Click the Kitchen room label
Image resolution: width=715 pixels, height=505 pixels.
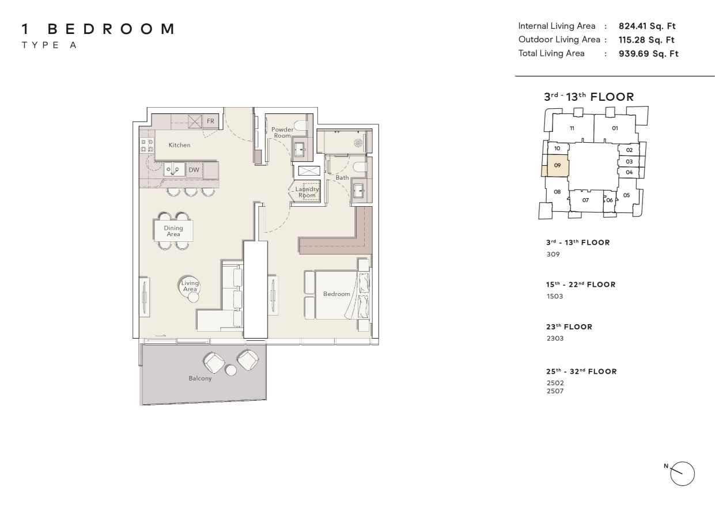pos(179,145)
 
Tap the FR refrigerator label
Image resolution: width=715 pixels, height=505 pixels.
pos(210,121)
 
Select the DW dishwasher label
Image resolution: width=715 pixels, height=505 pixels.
pos(194,170)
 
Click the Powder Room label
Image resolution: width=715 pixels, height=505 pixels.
pos(282,132)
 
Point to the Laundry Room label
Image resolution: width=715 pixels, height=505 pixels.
pos(307,192)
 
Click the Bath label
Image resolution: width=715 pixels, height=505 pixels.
pos(342,178)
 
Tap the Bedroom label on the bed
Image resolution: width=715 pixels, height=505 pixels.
pos(336,294)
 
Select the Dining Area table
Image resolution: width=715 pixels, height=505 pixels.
pos(173,231)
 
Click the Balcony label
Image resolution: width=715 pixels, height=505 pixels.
pos(200,378)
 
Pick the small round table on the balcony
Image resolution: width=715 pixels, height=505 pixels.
pos(231,370)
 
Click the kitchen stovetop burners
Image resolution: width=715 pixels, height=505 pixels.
pos(147,146)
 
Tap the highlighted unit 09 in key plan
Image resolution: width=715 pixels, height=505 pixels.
pos(557,165)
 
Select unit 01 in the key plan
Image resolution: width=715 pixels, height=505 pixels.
pos(615,128)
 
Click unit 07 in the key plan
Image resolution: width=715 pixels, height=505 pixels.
pos(585,200)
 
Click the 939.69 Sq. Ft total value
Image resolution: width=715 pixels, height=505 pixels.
pos(648,54)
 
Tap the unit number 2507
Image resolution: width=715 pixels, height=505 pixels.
pos(555,391)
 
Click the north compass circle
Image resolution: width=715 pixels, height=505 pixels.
pos(682,474)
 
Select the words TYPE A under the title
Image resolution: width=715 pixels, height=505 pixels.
pos(49,45)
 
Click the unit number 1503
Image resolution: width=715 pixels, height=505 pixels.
pos(555,297)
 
